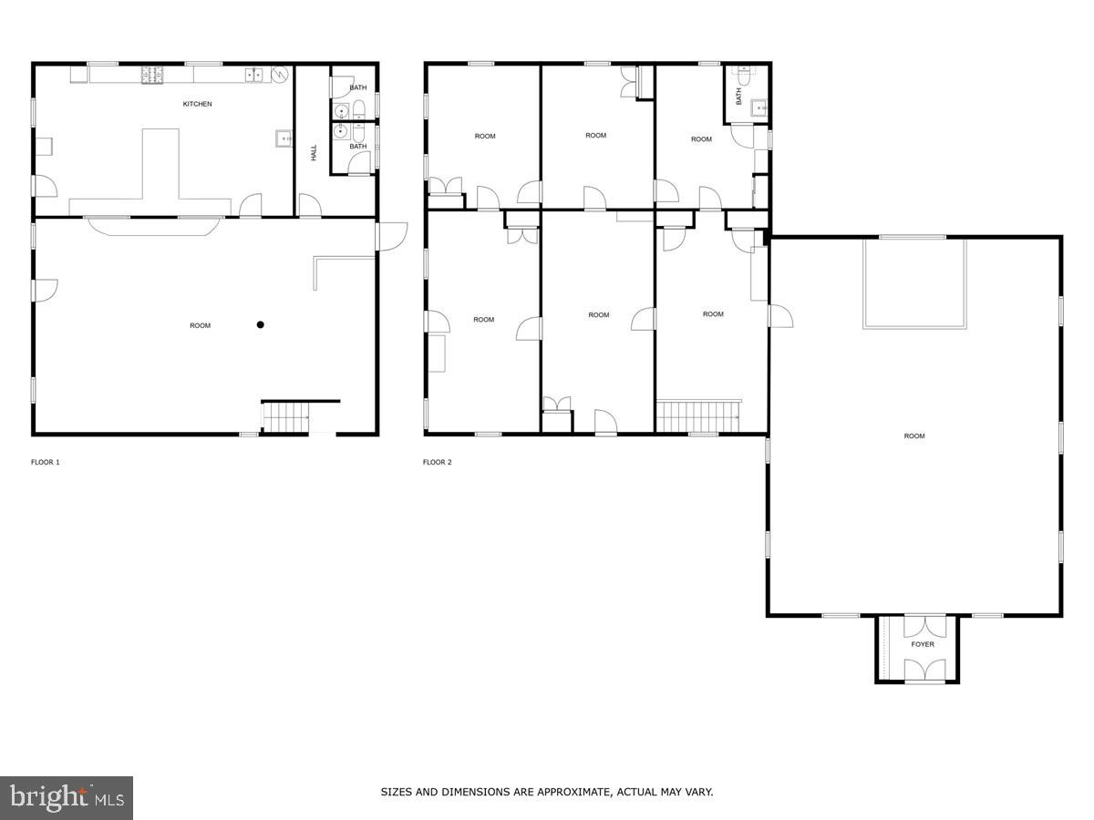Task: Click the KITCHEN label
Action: (x=197, y=104)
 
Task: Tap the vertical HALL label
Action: (x=314, y=153)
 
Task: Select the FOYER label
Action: (x=923, y=644)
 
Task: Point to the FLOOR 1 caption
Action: (x=45, y=462)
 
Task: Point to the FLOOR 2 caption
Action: (x=437, y=462)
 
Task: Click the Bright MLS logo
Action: (x=67, y=798)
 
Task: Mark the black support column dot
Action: (x=260, y=324)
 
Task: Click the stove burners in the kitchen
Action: (x=151, y=75)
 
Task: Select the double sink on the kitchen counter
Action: (x=254, y=75)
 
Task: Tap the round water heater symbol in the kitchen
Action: (x=281, y=75)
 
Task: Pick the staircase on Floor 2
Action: (x=697, y=415)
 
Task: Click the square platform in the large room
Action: (x=914, y=282)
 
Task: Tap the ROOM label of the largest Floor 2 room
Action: (x=913, y=436)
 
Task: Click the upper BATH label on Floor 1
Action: (x=358, y=87)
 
